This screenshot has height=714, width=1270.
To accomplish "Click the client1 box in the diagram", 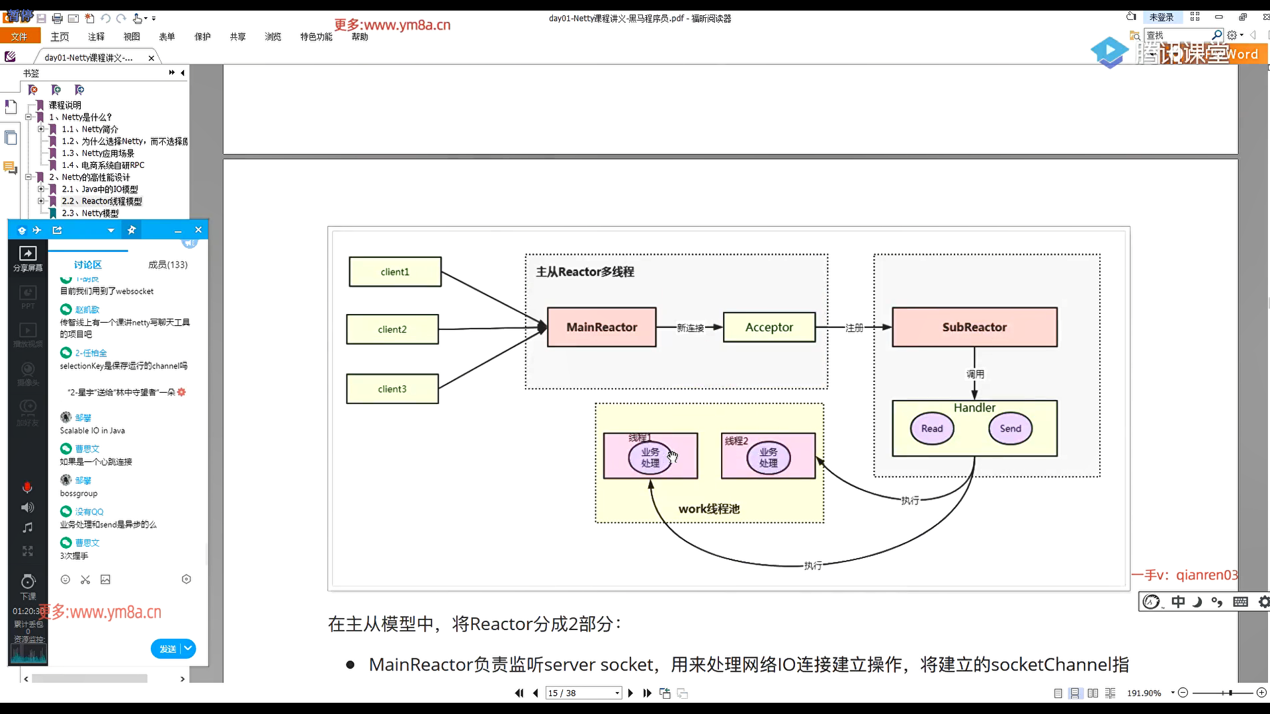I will click(x=395, y=272).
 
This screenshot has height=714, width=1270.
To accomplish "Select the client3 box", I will click(x=392, y=389).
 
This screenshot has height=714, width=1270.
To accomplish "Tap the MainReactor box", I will click(x=601, y=327).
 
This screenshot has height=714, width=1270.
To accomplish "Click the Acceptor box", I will click(x=769, y=327).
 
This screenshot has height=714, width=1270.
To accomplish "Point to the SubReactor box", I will click(x=974, y=327).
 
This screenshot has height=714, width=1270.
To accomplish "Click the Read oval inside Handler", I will click(x=932, y=428).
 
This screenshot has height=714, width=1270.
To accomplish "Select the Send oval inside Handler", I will click(x=1010, y=428).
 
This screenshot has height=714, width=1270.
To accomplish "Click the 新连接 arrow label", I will click(x=690, y=328).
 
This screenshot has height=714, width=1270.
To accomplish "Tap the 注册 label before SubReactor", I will click(x=854, y=328).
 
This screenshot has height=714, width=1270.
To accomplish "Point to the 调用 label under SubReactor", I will click(x=975, y=374).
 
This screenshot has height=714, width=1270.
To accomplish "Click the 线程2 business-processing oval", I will click(x=768, y=457).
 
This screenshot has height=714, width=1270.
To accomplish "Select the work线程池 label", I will click(x=708, y=509).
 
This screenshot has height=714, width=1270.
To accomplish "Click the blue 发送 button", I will click(x=168, y=649).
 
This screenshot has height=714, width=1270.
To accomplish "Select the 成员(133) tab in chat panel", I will click(x=167, y=264).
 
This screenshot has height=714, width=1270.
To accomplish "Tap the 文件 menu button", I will click(x=19, y=36).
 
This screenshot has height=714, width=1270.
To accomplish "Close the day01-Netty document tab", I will click(x=151, y=58).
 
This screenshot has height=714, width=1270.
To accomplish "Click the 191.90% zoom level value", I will click(x=1144, y=693).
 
